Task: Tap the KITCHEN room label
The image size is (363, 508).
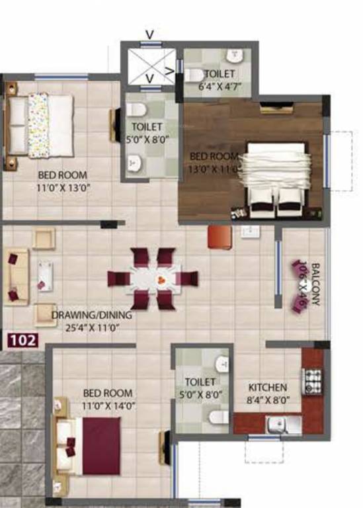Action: [267, 387]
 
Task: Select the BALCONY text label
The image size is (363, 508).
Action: [315, 284]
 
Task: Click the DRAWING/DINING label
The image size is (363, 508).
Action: [92, 315]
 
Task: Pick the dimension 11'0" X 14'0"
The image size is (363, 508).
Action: [109, 405]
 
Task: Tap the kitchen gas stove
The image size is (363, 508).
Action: [312, 380]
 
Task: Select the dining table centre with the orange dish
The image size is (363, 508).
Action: [159, 280]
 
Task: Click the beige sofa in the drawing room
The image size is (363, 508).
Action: [17, 276]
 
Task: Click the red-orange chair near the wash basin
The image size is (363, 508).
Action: [218, 237]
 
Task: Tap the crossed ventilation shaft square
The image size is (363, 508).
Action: [150, 64]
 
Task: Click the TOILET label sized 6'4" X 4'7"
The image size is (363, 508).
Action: [219, 73]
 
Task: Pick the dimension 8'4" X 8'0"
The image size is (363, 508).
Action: [268, 399]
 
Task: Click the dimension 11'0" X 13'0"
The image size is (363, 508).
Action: [63, 187]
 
